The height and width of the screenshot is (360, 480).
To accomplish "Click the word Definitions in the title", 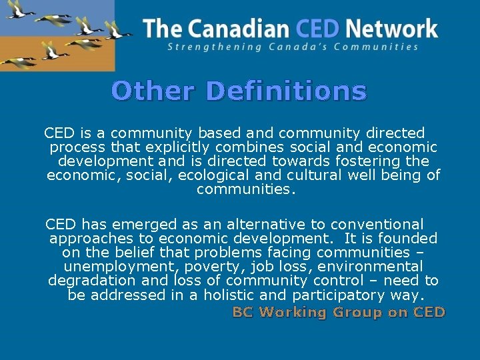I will [286, 91].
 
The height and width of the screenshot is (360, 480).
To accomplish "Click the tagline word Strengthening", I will [207, 47].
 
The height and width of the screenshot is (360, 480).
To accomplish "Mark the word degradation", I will [85, 281].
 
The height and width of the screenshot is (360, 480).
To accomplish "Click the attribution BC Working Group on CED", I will [338, 312].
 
